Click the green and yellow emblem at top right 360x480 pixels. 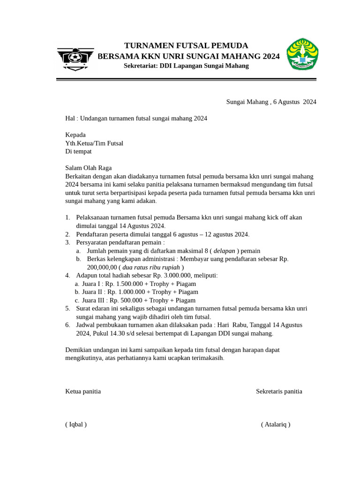coord(302,54)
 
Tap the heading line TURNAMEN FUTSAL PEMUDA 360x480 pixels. coord(186,45)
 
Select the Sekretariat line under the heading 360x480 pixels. coord(186,66)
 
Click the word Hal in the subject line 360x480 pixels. coord(70,119)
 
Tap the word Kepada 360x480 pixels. coord(75,135)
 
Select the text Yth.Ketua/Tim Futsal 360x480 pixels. coord(94,143)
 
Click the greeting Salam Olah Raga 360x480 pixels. coord(88,168)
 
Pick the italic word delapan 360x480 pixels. coord(224,251)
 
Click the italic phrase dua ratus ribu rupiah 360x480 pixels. coord(151,267)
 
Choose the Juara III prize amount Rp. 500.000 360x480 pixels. coord(124,300)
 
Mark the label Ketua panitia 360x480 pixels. coord(83,391)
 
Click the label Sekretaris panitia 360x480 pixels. coord(279,391)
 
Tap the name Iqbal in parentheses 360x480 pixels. coord(76,425)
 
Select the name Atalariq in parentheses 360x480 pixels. coord(276,425)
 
